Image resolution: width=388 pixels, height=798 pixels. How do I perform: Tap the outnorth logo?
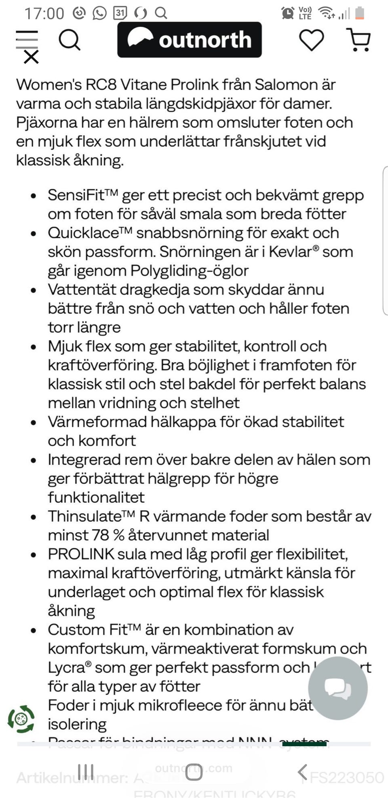pyautogui.click(x=189, y=40)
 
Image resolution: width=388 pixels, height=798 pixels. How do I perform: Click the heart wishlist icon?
pyautogui.click(x=311, y=40)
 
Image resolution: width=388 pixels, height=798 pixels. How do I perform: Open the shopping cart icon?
pyautogui.click(x=359, y=40)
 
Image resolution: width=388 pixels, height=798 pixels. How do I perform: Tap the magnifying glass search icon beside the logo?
pyautogui.click(x=70, y=40)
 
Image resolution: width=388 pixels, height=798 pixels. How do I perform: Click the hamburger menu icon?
pyautogui.click(x=27, y=40)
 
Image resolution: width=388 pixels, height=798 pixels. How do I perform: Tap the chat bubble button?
pyautogui.click(x=337, y=688)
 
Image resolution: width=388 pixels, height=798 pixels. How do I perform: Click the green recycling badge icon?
pyautogui.click(x=21, y=719)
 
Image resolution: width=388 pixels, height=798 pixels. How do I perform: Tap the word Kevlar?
pyautogui.click(x=290, y=252)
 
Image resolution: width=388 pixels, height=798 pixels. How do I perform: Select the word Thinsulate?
pyautogui.click(x=84, y=516)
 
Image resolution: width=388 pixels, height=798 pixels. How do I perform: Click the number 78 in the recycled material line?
pyautogui.click(x=100, y=536)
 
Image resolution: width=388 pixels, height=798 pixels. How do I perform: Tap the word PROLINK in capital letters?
pyautogui.click(x=81, y=554)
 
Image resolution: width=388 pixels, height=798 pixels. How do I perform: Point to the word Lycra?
pyautogui.click(x=66, y=668)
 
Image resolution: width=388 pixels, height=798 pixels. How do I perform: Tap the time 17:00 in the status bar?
pyautogui.click(x=44, y=13)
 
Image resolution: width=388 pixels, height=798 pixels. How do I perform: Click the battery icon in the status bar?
pyautogui.click(x=359, y=13)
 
